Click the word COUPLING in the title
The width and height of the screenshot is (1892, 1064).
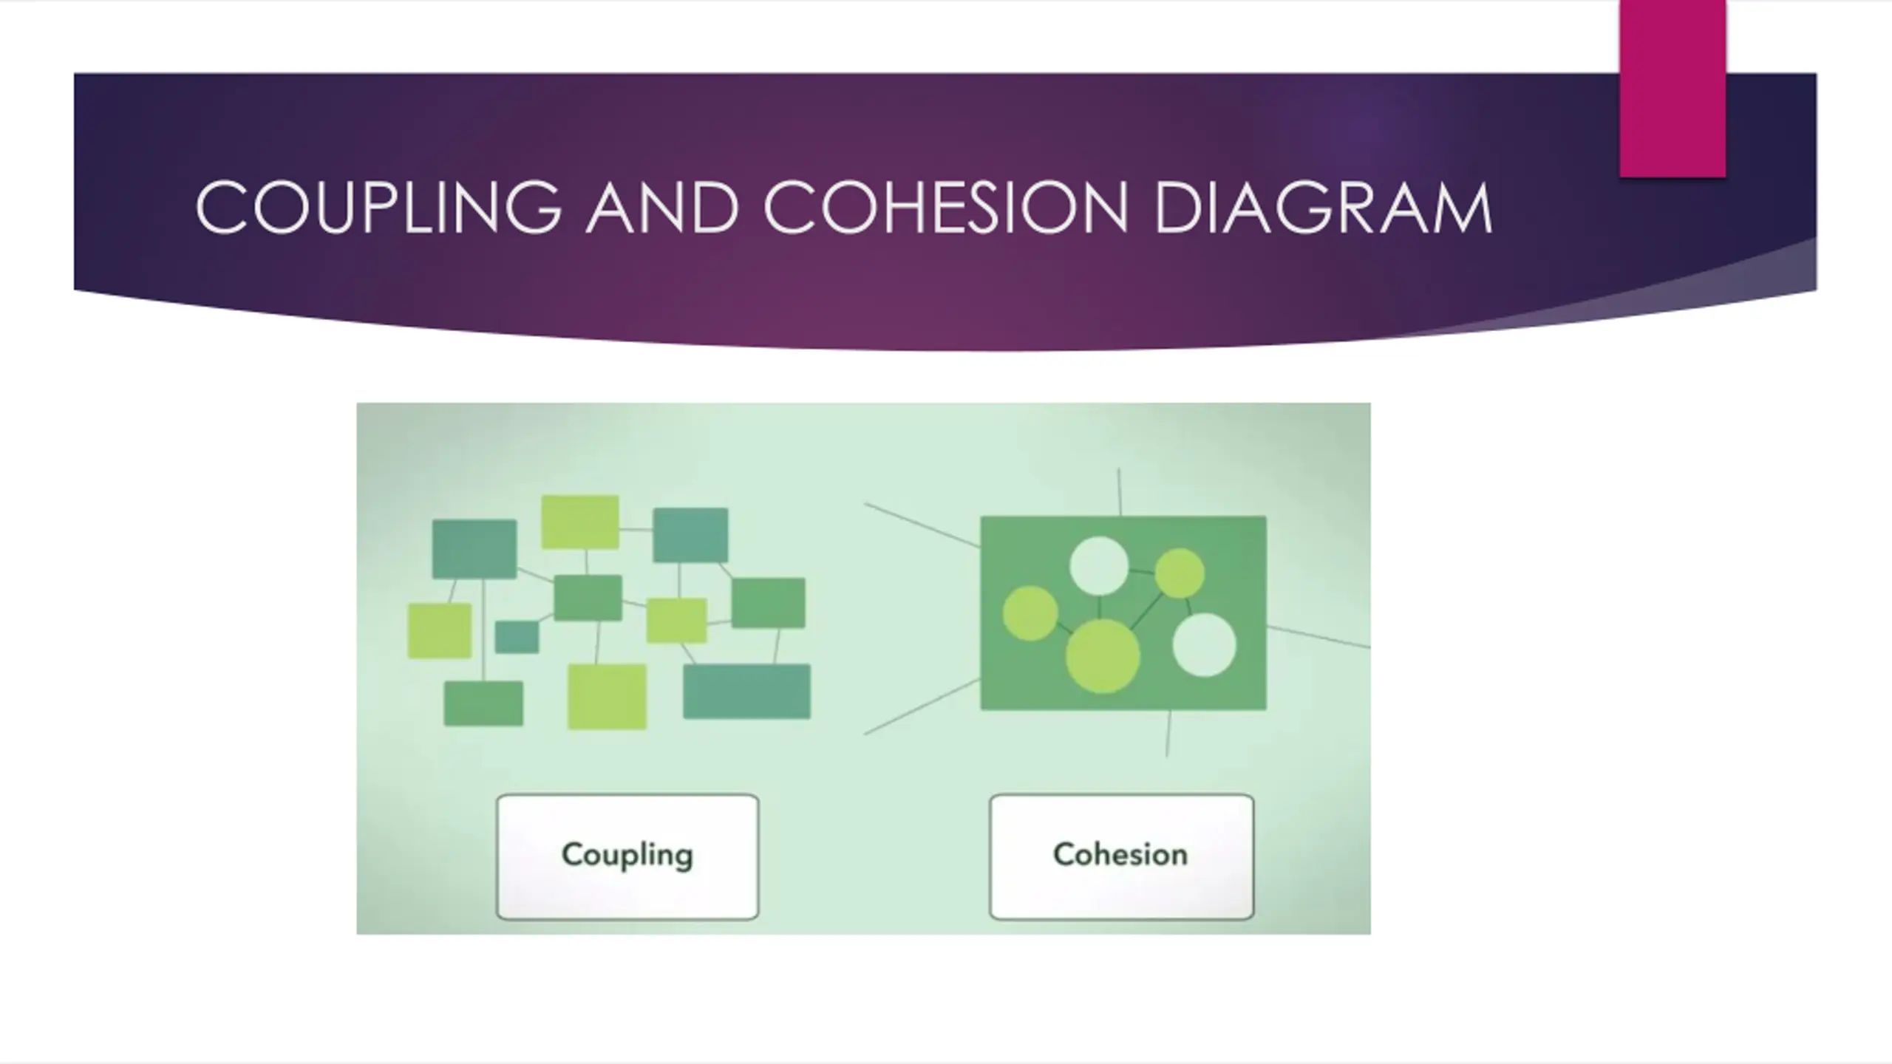tap(378, 208)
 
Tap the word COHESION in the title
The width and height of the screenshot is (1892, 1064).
tap(945, 208)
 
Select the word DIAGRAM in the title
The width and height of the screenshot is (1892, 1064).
tap(1323, 208)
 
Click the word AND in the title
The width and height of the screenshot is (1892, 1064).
tap(662, 208)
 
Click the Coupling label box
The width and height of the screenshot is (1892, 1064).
tap(627, 856)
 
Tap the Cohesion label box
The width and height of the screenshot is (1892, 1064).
tap(1121, 856)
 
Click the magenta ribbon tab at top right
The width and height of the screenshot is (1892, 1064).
tap(1672, 89)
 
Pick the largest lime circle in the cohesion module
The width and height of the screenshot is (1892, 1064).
tap(1102, 656)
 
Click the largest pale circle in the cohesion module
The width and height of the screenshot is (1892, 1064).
tap(1204, 644)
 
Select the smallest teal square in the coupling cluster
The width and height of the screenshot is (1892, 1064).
tap(517, 637)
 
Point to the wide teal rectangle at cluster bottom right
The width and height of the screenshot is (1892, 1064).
tap(746, 691)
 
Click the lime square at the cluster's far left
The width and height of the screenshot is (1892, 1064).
tap(440, 630)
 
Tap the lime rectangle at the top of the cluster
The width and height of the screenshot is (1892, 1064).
tap(580, 522)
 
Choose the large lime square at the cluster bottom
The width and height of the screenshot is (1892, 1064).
tap(607, 696)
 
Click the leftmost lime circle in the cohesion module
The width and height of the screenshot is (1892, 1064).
tap(1030, 613)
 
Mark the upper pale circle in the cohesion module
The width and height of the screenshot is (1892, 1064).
tap(1099, 565)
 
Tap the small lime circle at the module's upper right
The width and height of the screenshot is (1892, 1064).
tap(1180, 573)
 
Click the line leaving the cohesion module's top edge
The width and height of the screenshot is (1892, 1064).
tap(1119, 492)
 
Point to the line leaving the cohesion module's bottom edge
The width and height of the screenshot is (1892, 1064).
tap(1168, 733)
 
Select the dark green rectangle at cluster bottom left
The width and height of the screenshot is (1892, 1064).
tap(483, 703)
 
